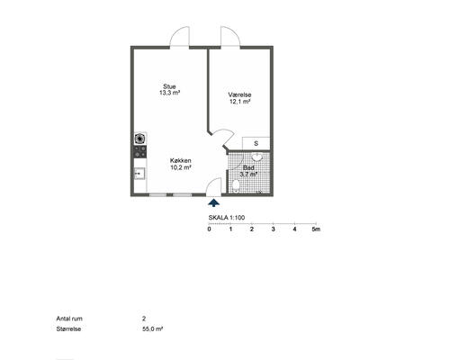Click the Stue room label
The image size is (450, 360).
[169, 86]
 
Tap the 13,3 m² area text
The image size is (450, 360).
[169, 93]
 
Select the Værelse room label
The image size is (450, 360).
[239, 94]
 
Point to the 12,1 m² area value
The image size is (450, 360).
[240, 102]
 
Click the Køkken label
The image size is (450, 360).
[181, 161]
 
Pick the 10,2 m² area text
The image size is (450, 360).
[181, 167]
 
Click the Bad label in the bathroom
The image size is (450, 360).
[248, 167]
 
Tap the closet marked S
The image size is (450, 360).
[256, 143]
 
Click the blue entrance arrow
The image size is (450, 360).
[213, 203]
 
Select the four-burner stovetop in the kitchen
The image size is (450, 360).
[140, 151]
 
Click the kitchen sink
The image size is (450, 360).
[139, 174]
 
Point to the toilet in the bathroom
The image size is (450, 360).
[236, 184]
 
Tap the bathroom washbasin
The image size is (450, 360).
[256, 157]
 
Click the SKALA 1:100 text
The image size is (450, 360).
[227, 218]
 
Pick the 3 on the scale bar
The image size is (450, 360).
[273, 229]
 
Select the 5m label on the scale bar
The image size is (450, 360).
[316, 229]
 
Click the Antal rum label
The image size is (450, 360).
[69, 319]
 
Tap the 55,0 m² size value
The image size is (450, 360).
[153, 328]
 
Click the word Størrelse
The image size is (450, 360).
[68, 328]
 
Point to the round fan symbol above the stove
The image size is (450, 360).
[140, 139]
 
